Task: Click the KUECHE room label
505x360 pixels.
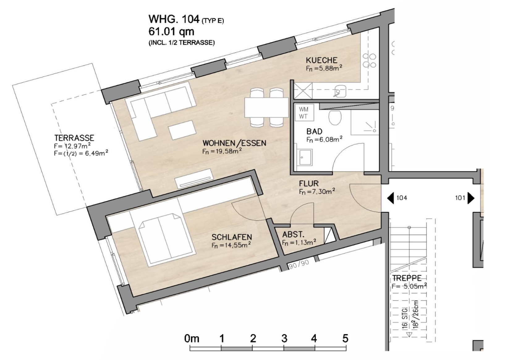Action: [x=321, y=60]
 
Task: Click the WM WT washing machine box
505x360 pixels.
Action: [x=303, y=113]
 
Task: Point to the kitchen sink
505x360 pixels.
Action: [x=340, y=91]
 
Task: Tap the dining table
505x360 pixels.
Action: [x=266, y=107]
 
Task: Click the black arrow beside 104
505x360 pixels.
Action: [x=390, y=198]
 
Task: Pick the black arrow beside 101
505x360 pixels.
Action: [x=471, y=198]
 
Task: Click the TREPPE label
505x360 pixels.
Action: [x=407, y=278]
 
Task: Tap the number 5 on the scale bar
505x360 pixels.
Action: [x=345, y=339]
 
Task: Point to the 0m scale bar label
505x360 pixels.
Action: [x=192, y=339]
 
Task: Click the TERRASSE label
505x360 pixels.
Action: [x=74, y=138]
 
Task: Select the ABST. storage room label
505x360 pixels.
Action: [x=293, y=234]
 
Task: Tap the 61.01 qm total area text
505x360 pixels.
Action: [x=171, y=32]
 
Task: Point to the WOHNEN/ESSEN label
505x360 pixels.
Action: [x=234, y=143]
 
